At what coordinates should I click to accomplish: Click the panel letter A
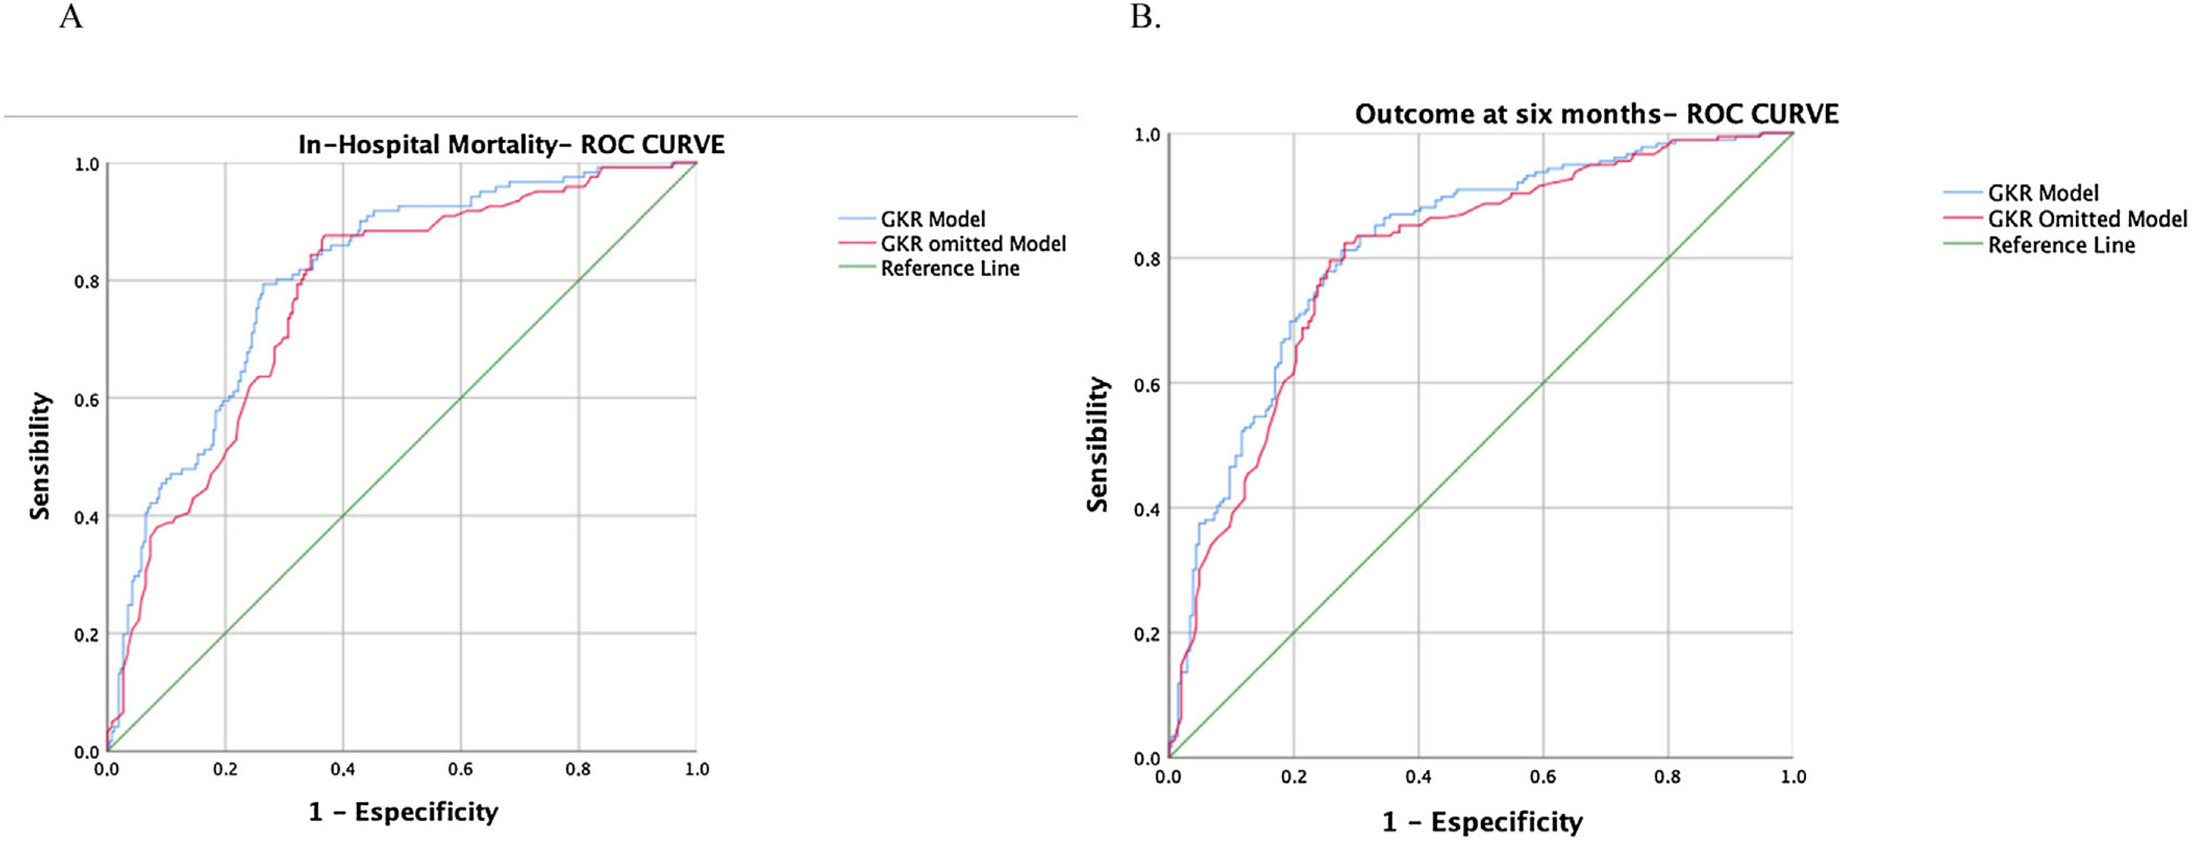[71, 16]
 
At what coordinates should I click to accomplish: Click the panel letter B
[1145, 16]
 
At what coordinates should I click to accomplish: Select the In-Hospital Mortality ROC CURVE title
[511, 145]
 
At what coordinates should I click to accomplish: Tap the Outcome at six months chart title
[1596, 114]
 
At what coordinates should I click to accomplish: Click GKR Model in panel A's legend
[933, 220]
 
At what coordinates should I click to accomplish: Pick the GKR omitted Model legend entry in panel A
[973, 244]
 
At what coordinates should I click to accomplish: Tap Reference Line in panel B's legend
[2061, 246]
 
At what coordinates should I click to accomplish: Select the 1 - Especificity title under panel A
[403, 812]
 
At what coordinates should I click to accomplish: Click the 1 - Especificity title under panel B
[1482, 823]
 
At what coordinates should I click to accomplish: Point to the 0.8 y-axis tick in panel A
[87, 282]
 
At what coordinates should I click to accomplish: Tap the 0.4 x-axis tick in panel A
[343, 770]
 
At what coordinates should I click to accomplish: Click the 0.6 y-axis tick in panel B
[1147, 384]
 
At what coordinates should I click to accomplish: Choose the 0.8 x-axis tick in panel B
[1667, 777]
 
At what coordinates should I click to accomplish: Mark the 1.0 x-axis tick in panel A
[697, 770]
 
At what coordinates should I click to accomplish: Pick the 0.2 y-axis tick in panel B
[1147, 634]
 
